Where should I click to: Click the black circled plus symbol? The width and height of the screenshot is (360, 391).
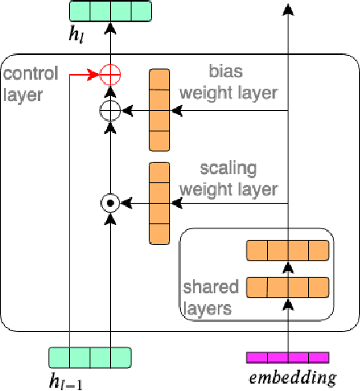109,110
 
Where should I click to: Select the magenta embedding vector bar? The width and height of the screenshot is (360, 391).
288,357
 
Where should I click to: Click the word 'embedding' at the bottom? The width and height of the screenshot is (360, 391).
292,379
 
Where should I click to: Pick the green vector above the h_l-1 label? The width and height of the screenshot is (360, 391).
90,357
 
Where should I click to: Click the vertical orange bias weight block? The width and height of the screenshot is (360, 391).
158,110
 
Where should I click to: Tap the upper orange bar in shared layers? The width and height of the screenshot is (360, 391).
288,251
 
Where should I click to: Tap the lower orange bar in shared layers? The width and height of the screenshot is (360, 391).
288,287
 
